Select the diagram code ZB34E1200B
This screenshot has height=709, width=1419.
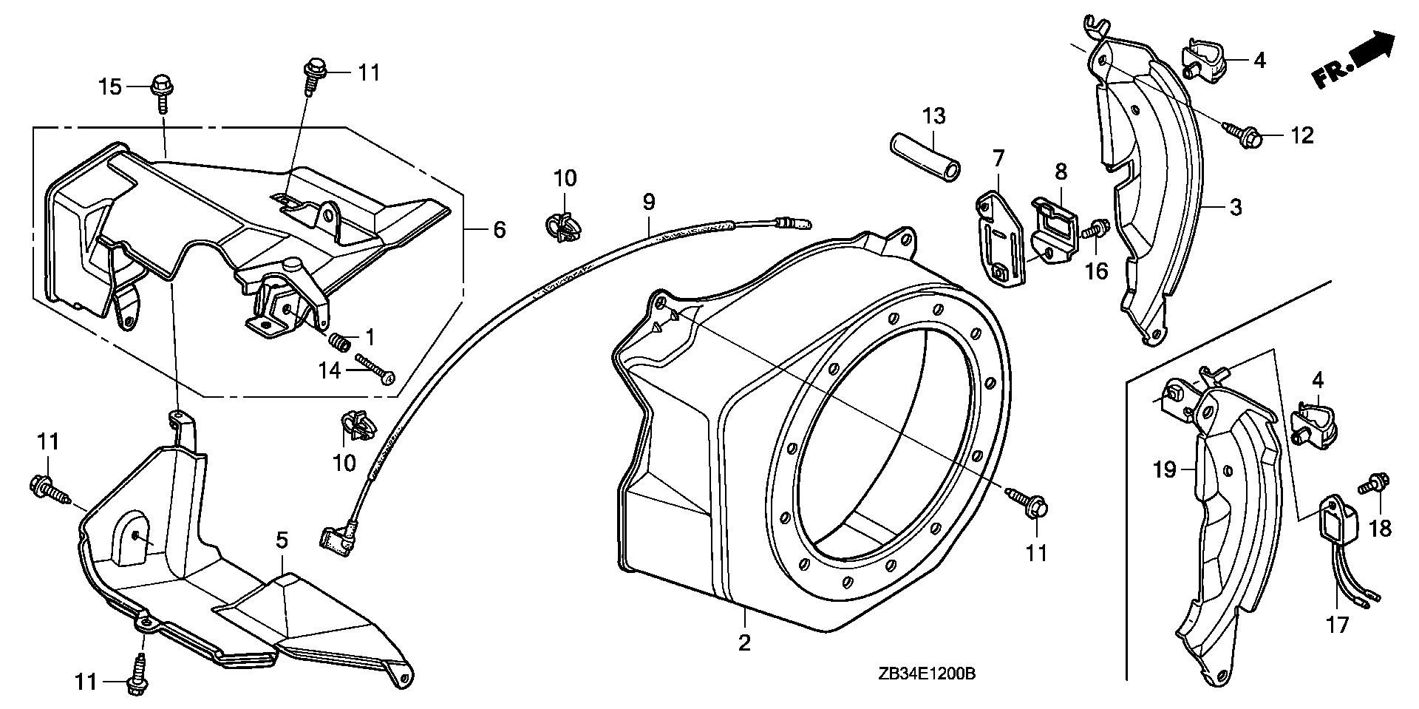[928, 674]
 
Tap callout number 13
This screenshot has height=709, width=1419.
[933, 116]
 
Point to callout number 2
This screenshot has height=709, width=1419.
[744, 642]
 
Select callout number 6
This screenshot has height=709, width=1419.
[500, 230]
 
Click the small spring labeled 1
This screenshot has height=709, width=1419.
[339, 343]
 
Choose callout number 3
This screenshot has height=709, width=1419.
[1236, 207]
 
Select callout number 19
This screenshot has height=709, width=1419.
[1165, 469]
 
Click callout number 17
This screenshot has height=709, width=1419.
[1337, 625]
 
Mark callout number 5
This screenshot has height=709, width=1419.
[282, 540]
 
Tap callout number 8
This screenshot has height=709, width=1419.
[1061, 172]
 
